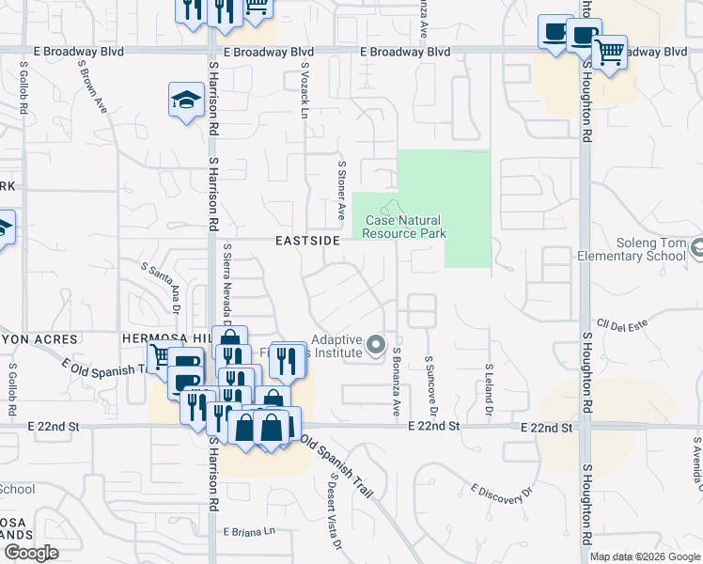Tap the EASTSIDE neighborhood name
306,242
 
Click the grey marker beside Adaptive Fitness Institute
376,346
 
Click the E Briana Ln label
250,531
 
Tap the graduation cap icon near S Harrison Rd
187,99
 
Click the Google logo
31,553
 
